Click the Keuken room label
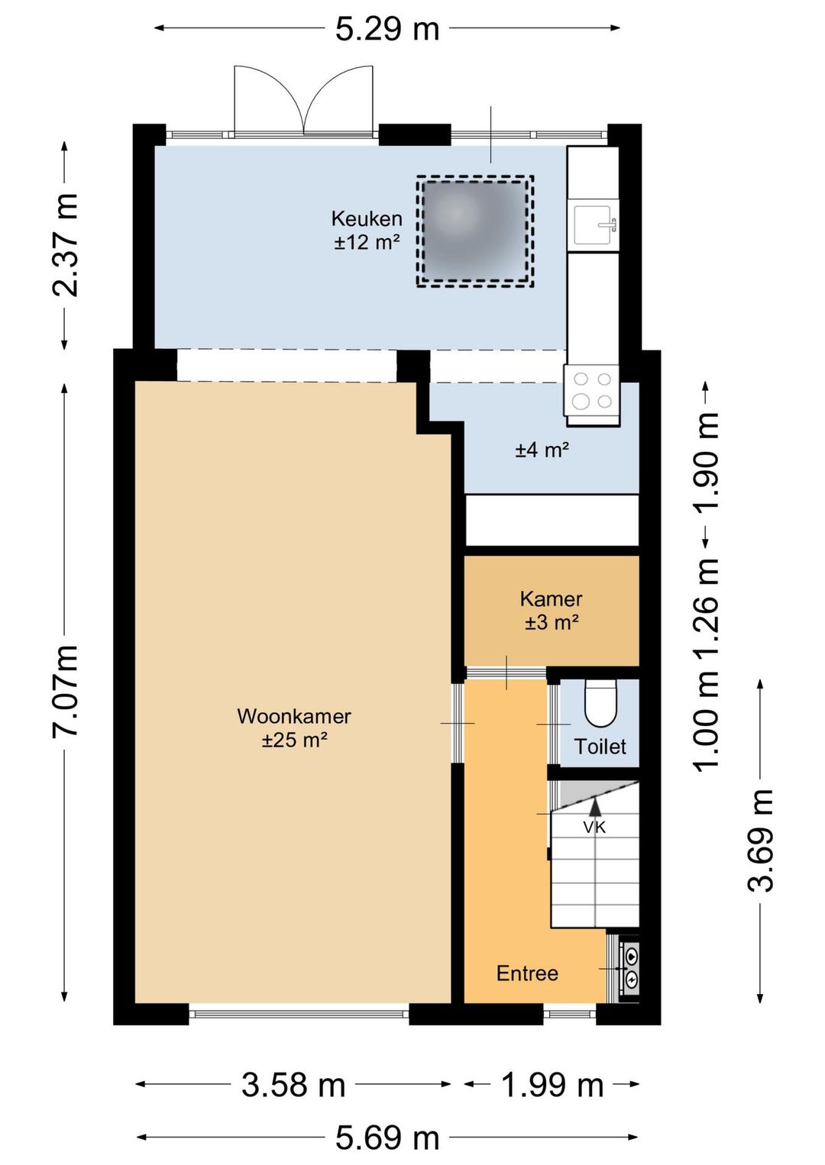(x=367, y=218)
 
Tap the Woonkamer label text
(x=294, y=716)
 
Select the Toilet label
(x=600, y=747)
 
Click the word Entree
(x=527, y=973)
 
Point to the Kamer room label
(x=552, y=599)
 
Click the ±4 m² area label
(x=542, y=450)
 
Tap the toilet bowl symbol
(x=600, y=705)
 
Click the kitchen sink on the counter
(x=594, y=225)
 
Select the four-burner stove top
(x=592, y=390)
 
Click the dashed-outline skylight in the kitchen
(x=474, y=231)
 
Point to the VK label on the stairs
(x=594, y=827)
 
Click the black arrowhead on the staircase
(x=595, y=805)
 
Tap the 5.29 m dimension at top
(x=387, y=28)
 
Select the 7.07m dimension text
(x=66, y=690)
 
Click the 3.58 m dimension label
(x=293, y=1085)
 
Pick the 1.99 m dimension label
(x=552, y=1085)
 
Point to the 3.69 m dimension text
(x=761, y=840)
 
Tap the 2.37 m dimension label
(x=66, y=245)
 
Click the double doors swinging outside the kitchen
(x=304, y=101)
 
